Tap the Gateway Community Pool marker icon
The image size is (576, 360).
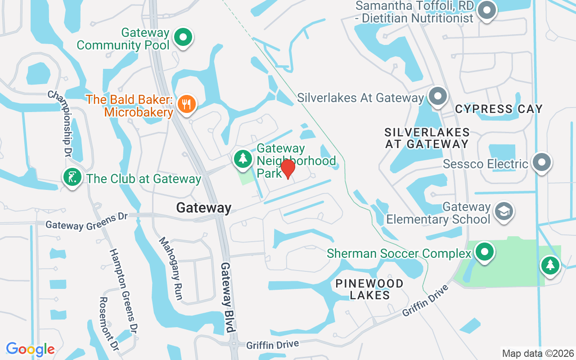coord(183,38)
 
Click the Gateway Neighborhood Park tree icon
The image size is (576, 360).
coord(243,158)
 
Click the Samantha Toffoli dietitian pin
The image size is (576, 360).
coord(486,10)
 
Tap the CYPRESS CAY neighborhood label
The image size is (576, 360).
coord(499,109)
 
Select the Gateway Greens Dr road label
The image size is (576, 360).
coord(86,221)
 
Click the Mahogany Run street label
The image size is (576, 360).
coord(171,268)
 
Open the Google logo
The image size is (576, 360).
coord(31,349)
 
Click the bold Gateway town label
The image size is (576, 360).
coord(204,207)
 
